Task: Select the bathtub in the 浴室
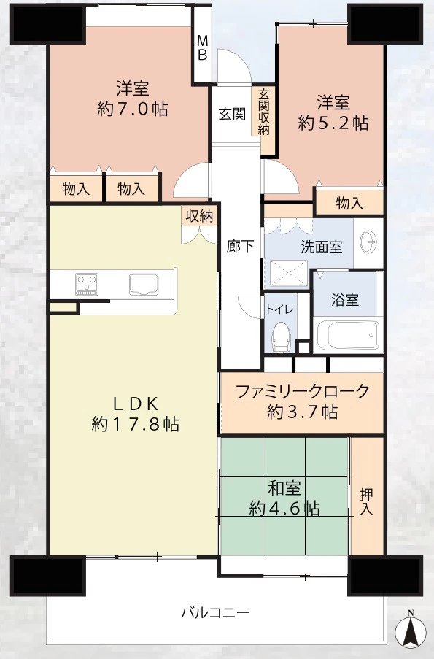(348, 336)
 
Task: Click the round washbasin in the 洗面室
(369, 242)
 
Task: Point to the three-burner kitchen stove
(87, 284)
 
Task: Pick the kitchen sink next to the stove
(143, 285)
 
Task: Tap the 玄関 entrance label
(232, 113)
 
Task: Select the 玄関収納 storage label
(263, 112)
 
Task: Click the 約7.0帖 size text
(133, 109)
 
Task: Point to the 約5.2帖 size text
(333, 123)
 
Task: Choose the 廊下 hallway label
(240, 246)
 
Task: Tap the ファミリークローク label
(303, 391)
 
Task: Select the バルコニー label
(215, 612)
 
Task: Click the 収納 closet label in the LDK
(200, 216)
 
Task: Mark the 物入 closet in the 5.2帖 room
(349, 204)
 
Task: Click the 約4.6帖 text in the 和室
(284, 509)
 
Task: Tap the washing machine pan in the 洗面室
(289, 273)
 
